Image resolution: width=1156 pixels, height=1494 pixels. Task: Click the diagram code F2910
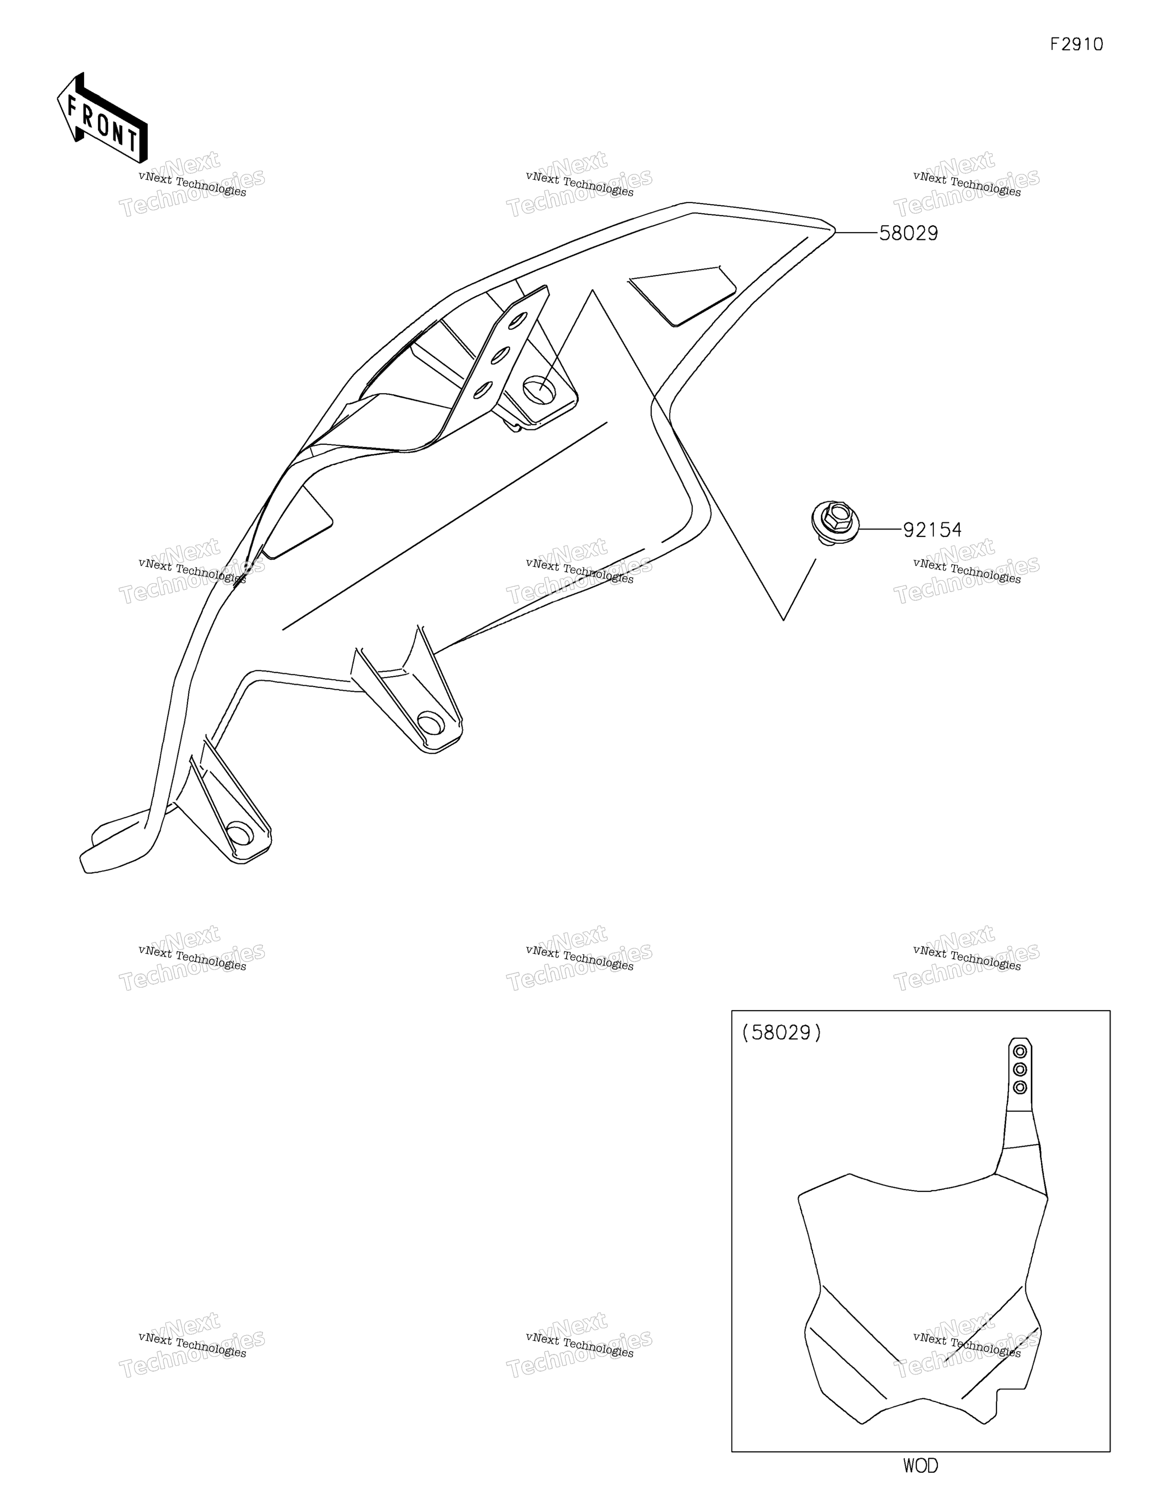coord(1077,44)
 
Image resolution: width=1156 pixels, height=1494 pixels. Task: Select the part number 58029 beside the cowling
coord(908,233)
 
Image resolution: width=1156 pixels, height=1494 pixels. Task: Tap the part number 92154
coord(932,530)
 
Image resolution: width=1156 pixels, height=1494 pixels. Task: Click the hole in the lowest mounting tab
coord(239,835)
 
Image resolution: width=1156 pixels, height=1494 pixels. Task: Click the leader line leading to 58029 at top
coord(856,233)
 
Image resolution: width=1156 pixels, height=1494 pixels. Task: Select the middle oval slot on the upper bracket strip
coord(500,354)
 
